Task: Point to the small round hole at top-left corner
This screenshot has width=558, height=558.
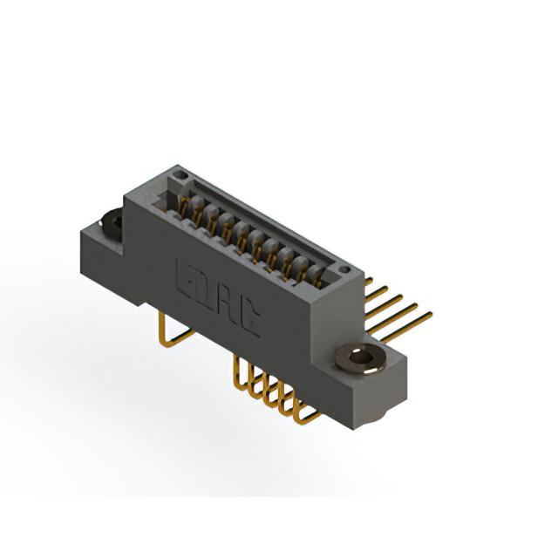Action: point(180,174)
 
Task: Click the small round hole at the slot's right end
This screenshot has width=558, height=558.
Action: point(344,269)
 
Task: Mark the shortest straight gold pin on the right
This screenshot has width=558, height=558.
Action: point(369,281)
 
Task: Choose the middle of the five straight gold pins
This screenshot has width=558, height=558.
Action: point(384,306)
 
